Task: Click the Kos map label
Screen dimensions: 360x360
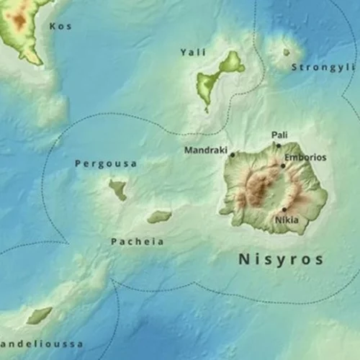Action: click(x=60, y=27)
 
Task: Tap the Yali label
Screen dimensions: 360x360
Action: click(x=193, y=53)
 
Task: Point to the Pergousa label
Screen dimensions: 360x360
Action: click(x=106, y=164)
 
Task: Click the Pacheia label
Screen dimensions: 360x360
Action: click(x=137, y=242)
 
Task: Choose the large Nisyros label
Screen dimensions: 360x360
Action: click(x=281, y=259)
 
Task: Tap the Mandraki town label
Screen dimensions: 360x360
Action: click(x=205, y=150)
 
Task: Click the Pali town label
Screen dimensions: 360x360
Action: click(x=279, y=135)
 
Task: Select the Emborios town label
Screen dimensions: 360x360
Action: click(x=305, y=157)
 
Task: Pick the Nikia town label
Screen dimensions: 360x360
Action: click(x=287, y=220)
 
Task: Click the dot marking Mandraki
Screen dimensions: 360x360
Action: click(x=232, y=154)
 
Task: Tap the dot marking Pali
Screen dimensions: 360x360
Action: click(x=279, y=145)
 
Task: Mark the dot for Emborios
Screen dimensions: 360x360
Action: click(x=283, y=166)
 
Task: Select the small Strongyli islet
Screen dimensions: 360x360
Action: click(x=286, y=52)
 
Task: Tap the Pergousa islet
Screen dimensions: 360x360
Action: click(x=118, y=190)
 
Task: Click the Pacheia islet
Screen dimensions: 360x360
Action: click(x=159, y=216)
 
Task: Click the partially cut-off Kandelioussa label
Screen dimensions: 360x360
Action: click(x=41, y=344)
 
